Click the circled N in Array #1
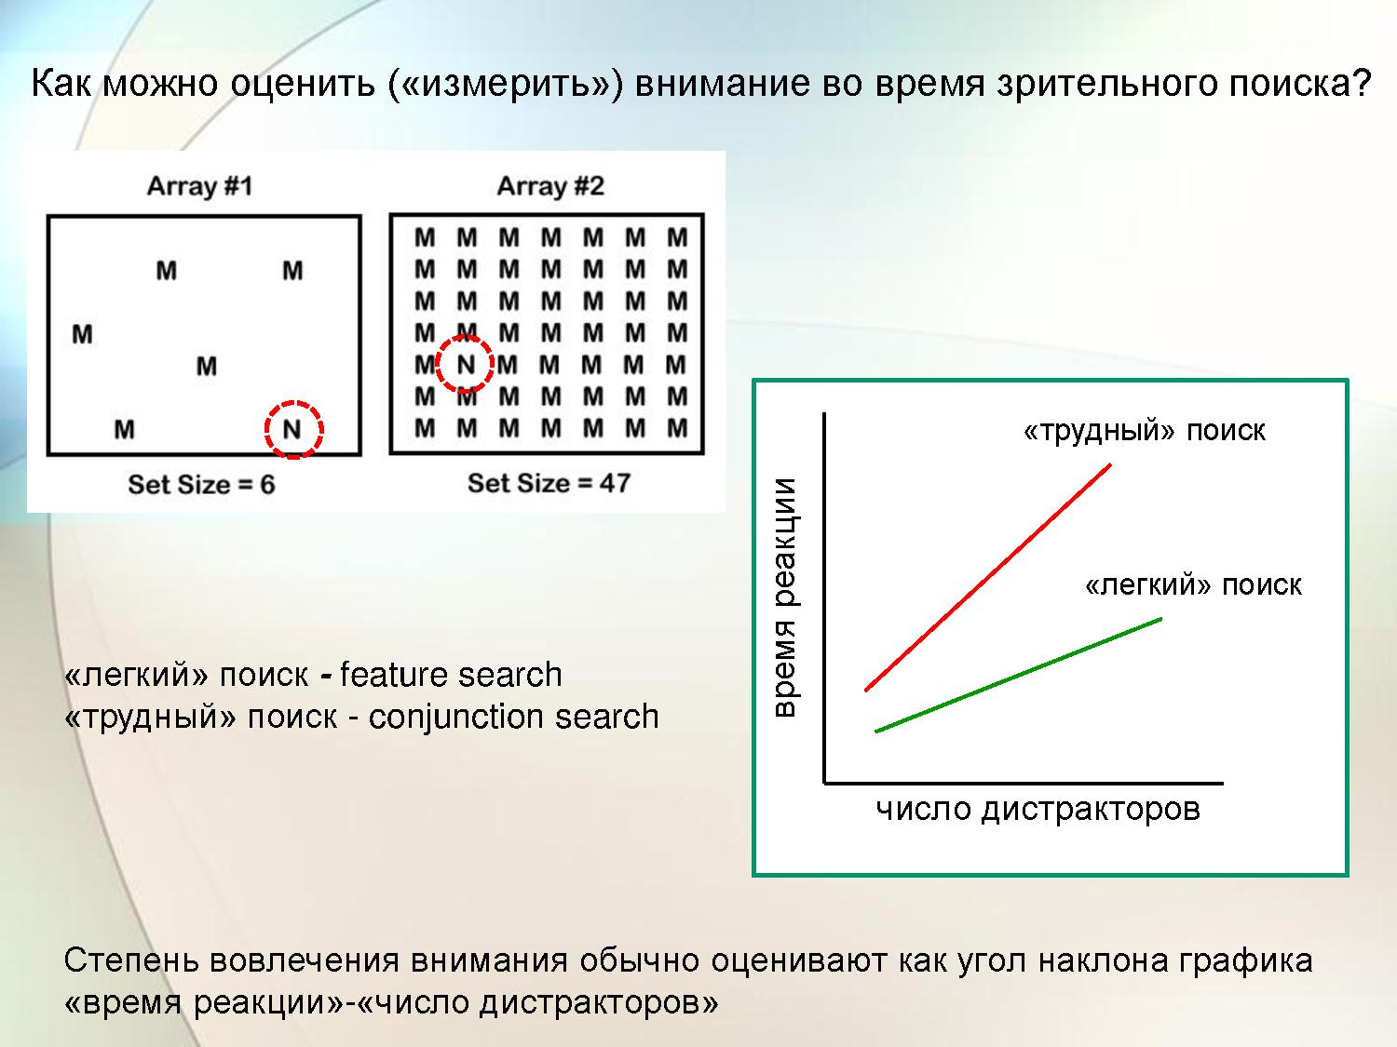coord(292,430)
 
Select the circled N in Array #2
coord(466,364)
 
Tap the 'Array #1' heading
coord(200,186)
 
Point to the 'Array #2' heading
coord(550,186)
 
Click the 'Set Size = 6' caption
coord(202,484)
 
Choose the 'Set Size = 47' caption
coord(549,483)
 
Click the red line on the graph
coord(988,577)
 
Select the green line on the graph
coord(1018,675)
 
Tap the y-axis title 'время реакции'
coord(785,597)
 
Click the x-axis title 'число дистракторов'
coord(1038,810)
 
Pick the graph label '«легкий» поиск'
coord(1193,584)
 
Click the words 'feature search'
coord(452,675)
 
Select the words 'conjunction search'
coord(513,718)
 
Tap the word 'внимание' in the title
coord(723,84)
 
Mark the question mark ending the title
coord(1360,83)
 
